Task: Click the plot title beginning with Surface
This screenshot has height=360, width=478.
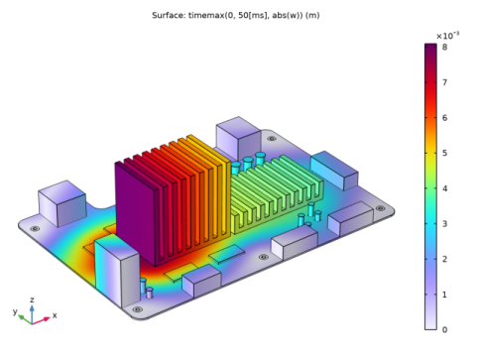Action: point(236,16)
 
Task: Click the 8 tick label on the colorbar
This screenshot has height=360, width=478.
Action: point(444,47)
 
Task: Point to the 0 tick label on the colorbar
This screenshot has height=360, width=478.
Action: point(444,329)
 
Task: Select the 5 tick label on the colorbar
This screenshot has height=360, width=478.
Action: point(444,153)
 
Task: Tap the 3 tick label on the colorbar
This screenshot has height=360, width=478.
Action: point(444,224)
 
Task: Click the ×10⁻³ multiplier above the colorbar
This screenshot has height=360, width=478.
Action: point(447,35)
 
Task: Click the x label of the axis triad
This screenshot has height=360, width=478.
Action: point(55,315)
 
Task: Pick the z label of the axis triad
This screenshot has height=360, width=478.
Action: point(32,300)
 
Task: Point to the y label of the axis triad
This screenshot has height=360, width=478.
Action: point(15,311)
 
